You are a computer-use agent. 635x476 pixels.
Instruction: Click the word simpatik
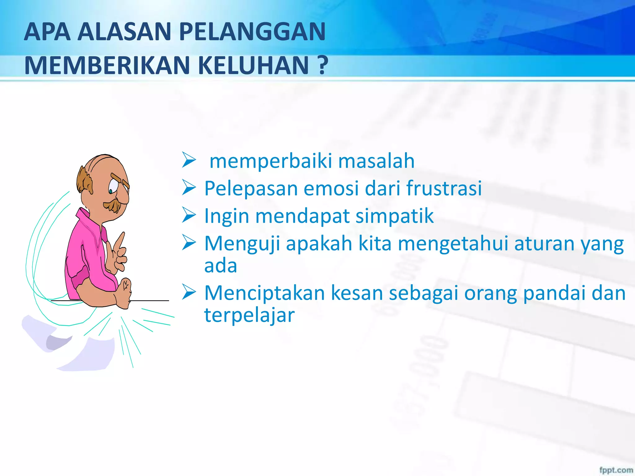pos(394,216)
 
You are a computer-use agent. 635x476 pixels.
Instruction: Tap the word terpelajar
pos(249,315)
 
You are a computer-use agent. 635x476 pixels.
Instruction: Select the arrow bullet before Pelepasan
pos(189,187)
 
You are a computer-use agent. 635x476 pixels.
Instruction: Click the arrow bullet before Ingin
pos(189,215)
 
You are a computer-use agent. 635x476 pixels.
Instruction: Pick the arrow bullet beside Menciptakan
pos(189,292)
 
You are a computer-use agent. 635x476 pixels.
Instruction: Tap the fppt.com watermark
pos(616,470)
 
